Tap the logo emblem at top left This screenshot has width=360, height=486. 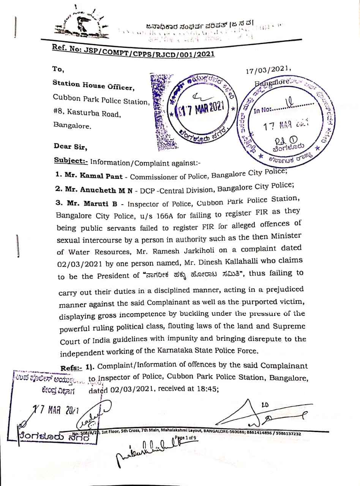point(81,26)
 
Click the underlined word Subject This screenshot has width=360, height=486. point(71,161)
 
